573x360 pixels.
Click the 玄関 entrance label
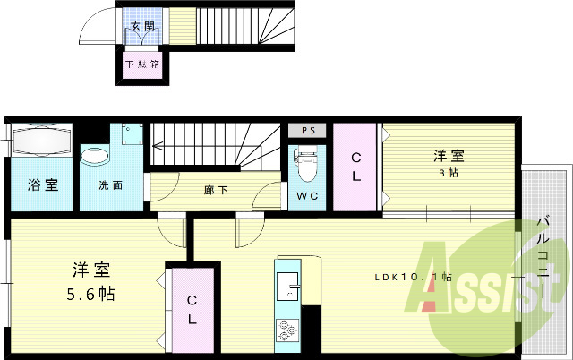pos(142,27)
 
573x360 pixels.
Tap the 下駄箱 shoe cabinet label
pos(142,64)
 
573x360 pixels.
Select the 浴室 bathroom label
pos(42,185)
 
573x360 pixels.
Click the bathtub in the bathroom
pos(41,141)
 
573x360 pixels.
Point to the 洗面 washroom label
pos(111,186)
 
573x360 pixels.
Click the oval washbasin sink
pos(94,158)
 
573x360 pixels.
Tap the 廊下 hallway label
pos(214,190)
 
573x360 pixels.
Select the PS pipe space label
pos(309,130)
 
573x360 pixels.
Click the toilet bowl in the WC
pos(305,162)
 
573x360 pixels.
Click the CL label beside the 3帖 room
pos(355,166)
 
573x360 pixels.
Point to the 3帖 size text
pos(448,173)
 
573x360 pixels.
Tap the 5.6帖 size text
pos(90,293)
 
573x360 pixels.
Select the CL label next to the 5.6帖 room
pos(192,309)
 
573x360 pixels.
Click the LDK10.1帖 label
pos(413,277)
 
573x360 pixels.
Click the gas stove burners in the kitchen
pos(288,329)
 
